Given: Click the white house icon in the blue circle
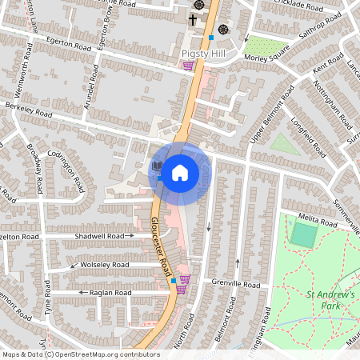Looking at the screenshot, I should click(x=179, y=171).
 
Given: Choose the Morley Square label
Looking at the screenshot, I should click(x=267, y=58).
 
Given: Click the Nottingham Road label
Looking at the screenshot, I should click(x=330, y=105).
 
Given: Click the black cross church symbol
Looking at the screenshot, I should click(x=193, y=18).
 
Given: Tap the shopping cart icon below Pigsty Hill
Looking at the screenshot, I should click(x=188, y=66).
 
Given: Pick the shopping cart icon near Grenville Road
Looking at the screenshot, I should click(x=185, y=281).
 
